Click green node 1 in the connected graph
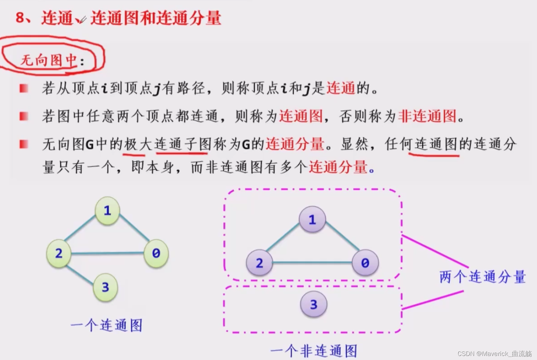(x=107, y=211)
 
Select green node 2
(x=59, y=253)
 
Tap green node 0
(x=156, y=253)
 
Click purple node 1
(x=312, y=220)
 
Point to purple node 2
(x=259, y=263)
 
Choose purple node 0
(x=365, y=263)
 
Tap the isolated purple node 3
(x=313, y=305)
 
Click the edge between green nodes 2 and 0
(x=107, y=253)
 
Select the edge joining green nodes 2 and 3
(x=80, y=275)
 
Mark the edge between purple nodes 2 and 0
(x=312, y=263)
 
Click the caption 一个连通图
(x=107, y=325)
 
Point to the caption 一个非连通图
(x=314, y=351)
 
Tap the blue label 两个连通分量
(x=483, y=277)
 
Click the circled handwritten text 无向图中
(x=49, y=60)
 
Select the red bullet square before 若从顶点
(x=24, y=89)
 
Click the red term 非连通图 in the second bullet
(x=427, y=116)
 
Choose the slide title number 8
(x=20, y=18)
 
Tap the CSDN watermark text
(x=494, y=354)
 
